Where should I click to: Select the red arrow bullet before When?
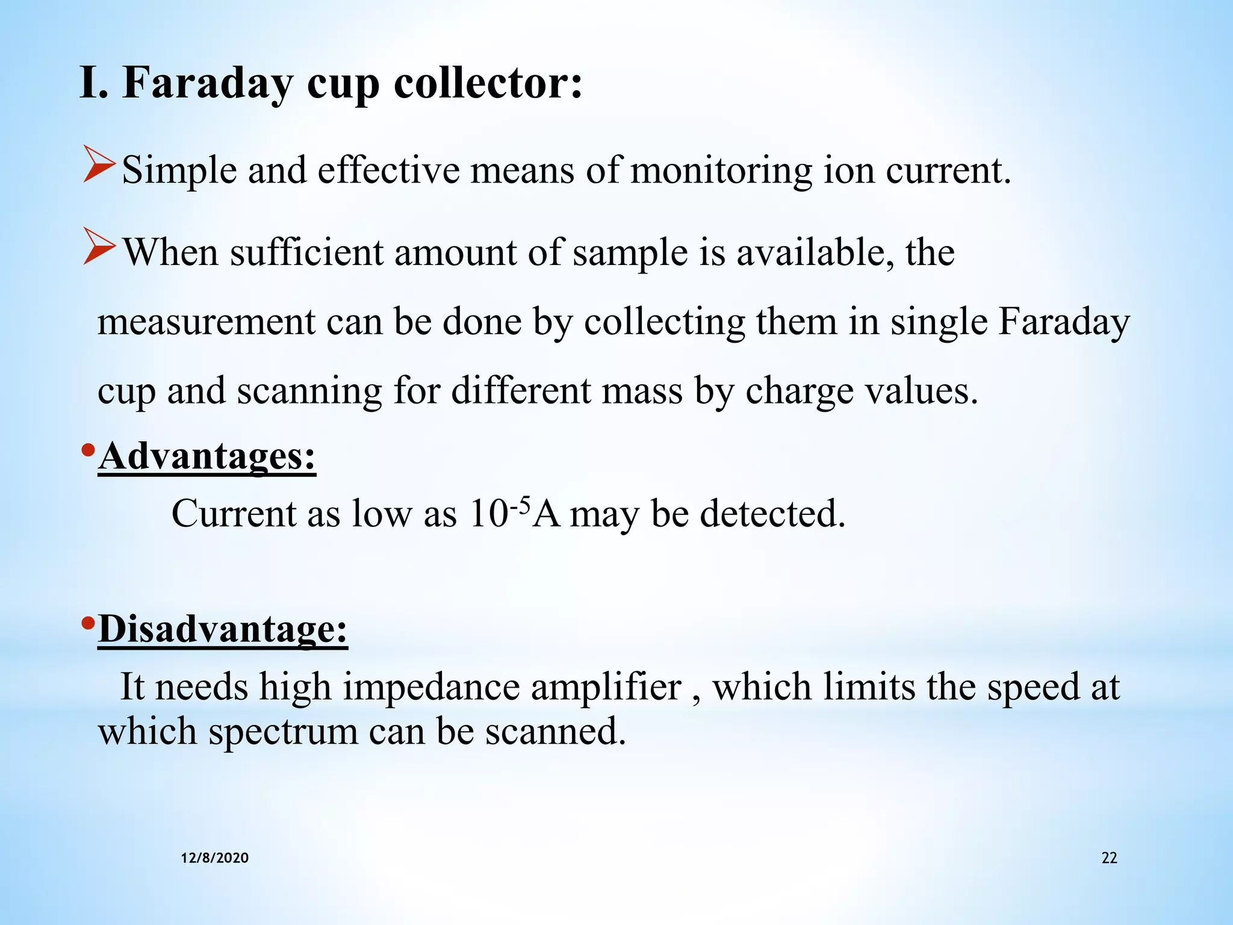99,246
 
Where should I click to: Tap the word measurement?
206,322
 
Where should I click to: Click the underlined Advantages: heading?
207,457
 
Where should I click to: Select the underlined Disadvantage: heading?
223,629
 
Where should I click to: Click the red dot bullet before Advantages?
88,449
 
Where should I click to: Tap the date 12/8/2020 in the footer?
215,858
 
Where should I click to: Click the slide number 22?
1109,858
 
